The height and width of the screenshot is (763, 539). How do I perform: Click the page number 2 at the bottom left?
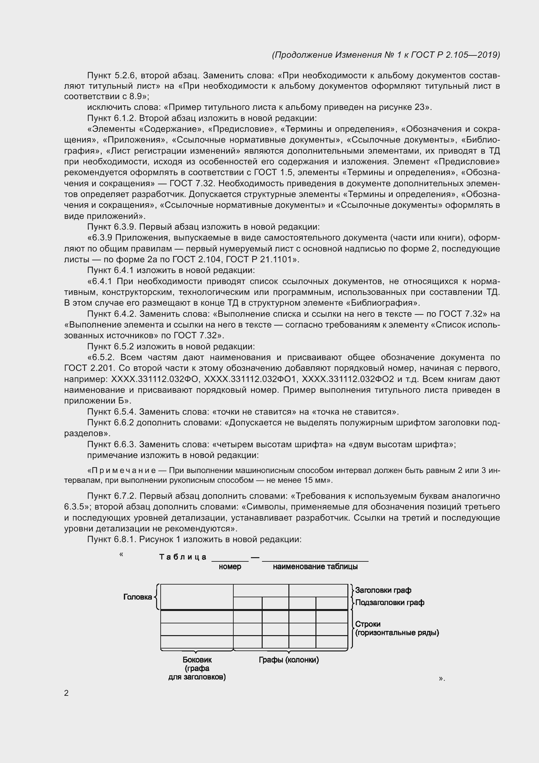click(x=66, y=693)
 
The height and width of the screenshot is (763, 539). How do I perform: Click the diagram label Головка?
click(x=138, y=597)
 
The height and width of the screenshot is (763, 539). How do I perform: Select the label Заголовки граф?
click(x=383, y=590)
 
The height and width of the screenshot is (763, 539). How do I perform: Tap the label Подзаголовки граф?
click(x=390, y=602)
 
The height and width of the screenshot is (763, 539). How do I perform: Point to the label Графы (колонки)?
click(x=289, y=660)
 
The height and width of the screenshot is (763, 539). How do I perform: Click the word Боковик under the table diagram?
click(x=197, y=660)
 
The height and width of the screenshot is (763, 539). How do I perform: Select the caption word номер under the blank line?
click(x=230, y=566)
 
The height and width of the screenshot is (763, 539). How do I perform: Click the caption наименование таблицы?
click(x=315, y=566)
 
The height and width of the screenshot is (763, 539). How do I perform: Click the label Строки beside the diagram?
click(x=368, y=624)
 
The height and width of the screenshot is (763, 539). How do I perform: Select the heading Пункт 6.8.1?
click(x=112, y=539)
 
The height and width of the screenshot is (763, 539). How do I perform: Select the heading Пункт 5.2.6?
click(x=111, y=75)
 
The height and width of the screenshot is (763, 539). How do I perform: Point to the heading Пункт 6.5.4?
click(x=111, y=412)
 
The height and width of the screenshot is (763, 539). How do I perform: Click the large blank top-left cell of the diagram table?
click(x=197, y=597)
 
